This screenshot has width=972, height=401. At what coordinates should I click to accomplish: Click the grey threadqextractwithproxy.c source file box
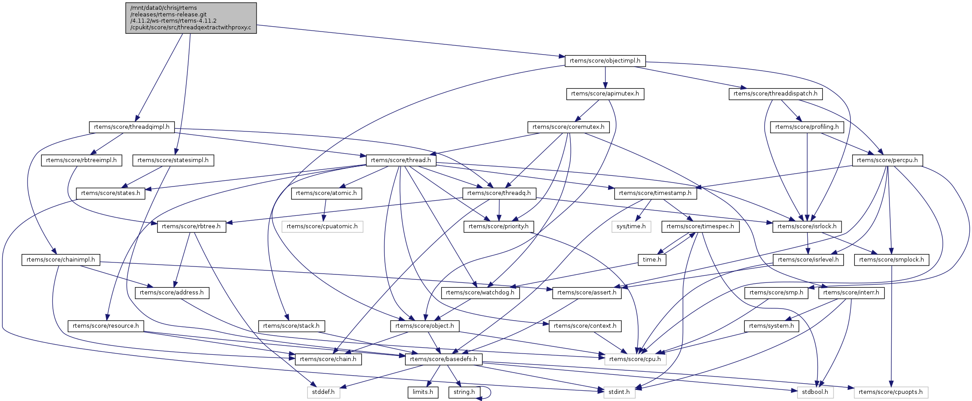tap(191, 18)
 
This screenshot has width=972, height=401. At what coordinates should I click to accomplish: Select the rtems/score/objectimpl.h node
tap(605, 61)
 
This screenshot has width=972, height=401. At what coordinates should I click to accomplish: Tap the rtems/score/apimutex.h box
tap(605, 94)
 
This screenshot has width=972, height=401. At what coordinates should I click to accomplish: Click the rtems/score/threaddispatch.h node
tap(775, 94)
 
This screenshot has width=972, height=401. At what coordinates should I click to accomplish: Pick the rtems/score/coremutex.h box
tap(568, 127)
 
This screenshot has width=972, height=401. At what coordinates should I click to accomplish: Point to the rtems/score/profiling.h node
tap(807, 127)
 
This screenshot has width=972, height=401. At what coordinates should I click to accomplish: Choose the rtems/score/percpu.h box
tap(887, 160)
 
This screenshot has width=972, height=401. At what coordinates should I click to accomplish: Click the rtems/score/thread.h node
tap(401, 160)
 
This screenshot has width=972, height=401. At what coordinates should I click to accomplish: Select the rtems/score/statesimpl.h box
tap(173, 160)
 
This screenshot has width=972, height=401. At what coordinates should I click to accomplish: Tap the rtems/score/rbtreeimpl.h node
tap(81, 160)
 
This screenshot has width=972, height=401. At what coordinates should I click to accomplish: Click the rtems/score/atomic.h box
tap(326, 193)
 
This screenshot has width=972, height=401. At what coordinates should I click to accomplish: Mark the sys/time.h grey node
tap(631, 226)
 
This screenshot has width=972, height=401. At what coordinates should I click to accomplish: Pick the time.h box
tap(652, 260)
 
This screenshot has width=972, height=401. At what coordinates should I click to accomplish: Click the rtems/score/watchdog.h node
tap(480, 293)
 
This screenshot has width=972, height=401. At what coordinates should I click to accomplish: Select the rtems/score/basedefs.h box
tap(443, 359)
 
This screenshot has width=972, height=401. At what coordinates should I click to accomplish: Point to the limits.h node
tap(423, 392)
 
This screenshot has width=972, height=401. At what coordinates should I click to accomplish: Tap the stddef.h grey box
tap(323, 392)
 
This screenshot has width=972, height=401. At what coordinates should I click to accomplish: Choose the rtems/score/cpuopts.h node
tap(890, 392)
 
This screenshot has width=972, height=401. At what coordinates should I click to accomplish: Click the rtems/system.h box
tap(771, 326)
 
